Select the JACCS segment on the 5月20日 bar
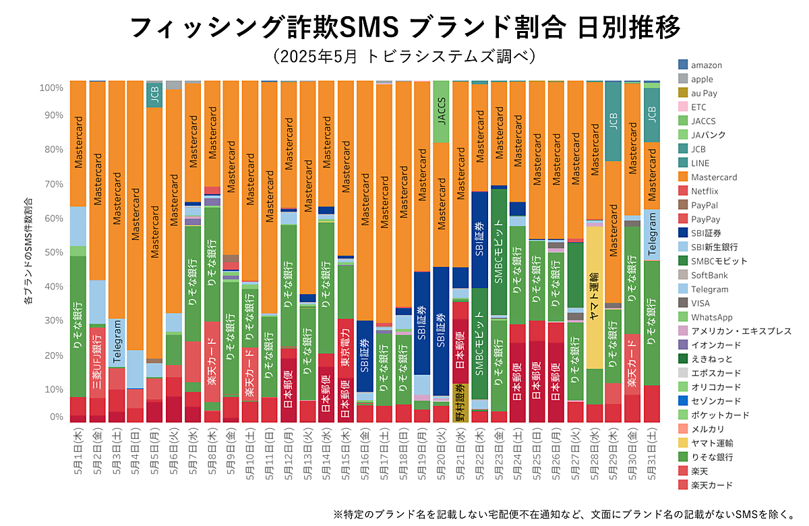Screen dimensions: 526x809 pos(441,111)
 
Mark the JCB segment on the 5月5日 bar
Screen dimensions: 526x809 pos(154,94)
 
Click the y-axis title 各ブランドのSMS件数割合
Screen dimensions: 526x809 pos(28,252)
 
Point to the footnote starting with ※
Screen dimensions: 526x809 pos(564,514)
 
